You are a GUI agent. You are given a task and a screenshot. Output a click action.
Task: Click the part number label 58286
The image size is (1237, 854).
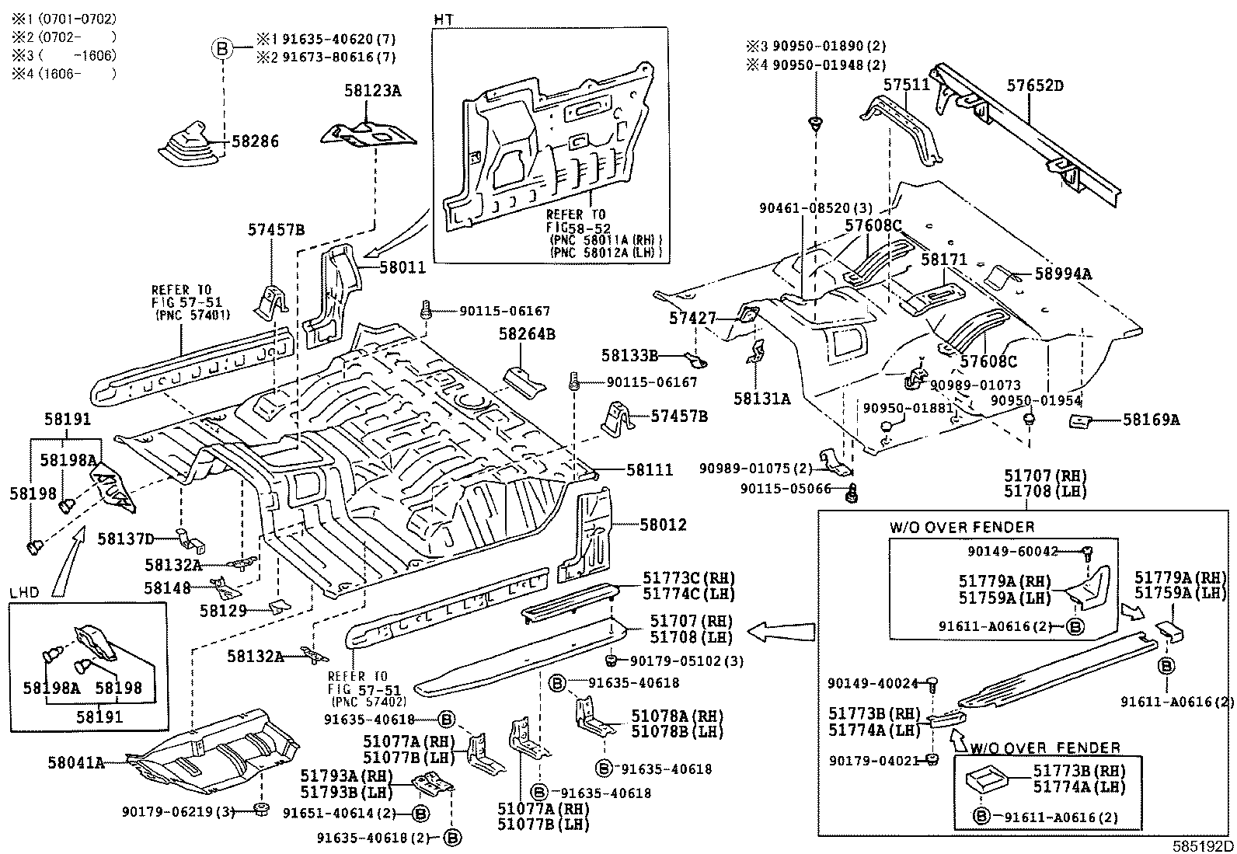[x=255, y=141]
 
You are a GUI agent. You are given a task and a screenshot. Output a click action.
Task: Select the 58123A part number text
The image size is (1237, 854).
[x=373, y=91]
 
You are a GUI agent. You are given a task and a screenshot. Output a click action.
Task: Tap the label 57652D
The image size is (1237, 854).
[x=1035, y=85]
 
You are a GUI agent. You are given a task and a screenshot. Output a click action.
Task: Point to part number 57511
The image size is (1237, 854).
[x=907, y=85]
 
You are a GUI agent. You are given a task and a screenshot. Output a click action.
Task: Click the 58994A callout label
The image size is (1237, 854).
[x=1063, y=274]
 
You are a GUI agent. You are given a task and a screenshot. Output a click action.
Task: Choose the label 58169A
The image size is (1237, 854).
[x=1151, y=420]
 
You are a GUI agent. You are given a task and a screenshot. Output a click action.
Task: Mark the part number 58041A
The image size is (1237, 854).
[x=75, y=763]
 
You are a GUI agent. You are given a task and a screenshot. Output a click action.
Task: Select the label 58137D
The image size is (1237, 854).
[x=126, y=538]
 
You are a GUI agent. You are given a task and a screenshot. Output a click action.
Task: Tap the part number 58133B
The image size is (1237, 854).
[x=629, y=355]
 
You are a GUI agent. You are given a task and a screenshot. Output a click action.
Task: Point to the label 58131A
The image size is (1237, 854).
[x=761, y=399]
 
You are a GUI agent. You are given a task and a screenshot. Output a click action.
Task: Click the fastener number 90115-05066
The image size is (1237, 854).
[x=786, y=489]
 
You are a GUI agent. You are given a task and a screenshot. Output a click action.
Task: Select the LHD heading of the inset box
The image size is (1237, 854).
[x=24, y=591]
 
